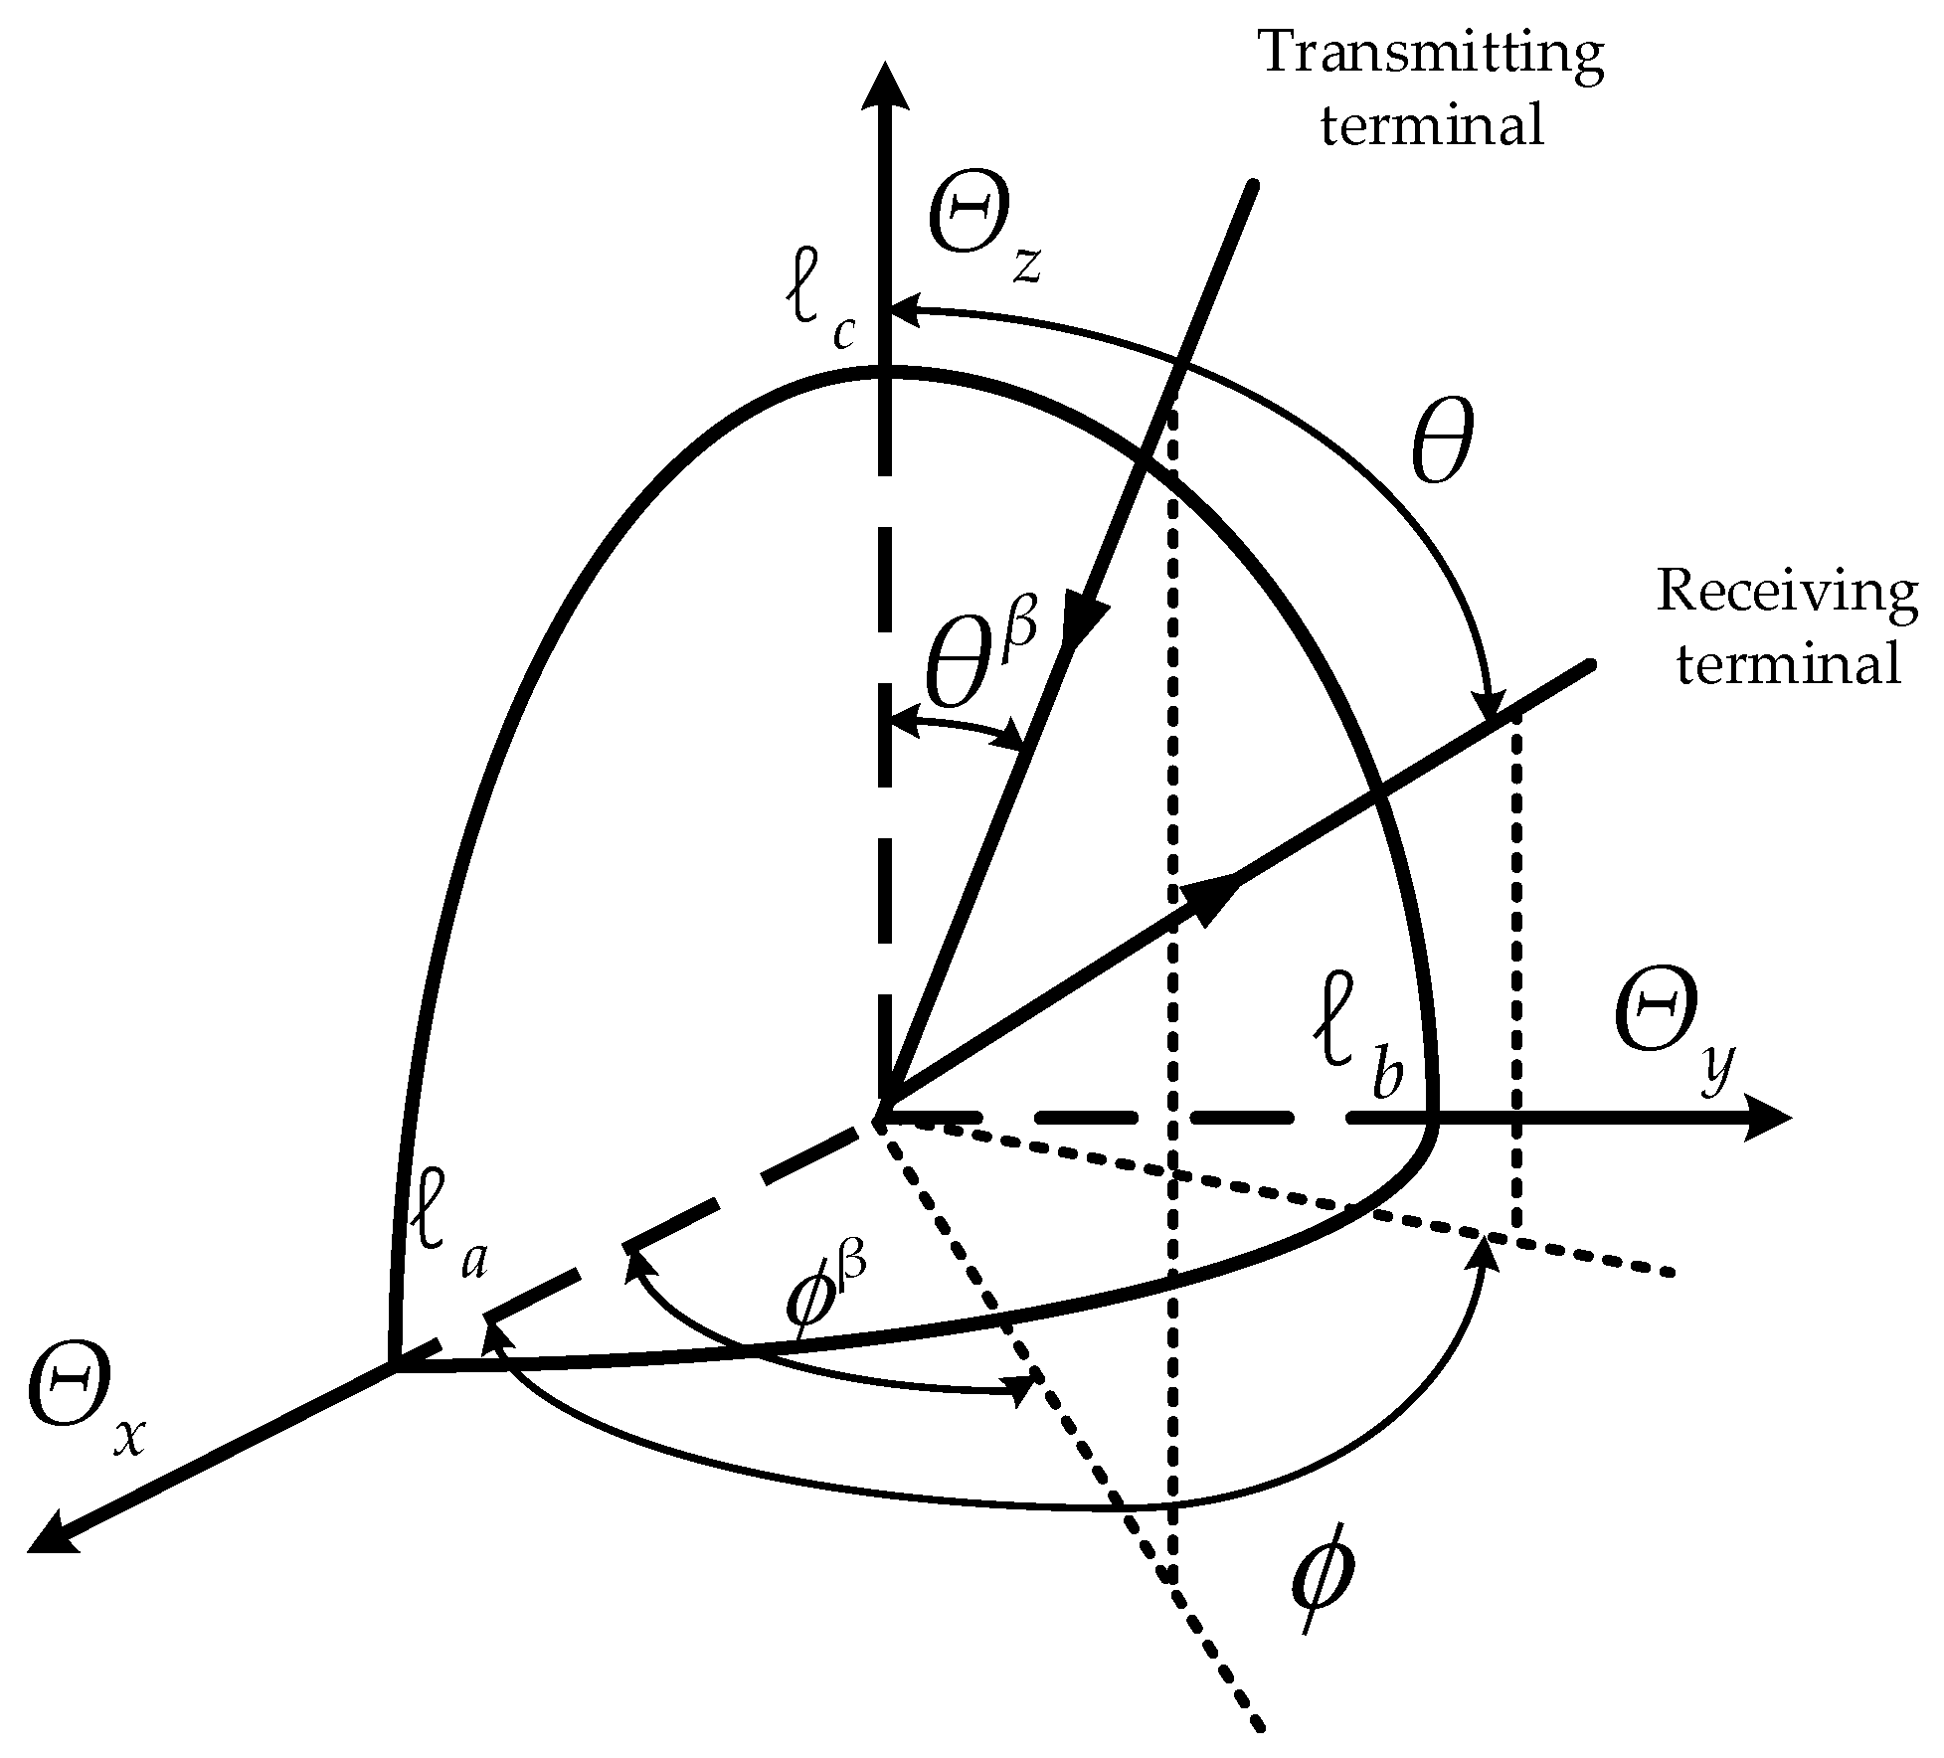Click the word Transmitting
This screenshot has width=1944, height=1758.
tap(1432, 55)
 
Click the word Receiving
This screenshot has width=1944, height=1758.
tap(1787, 594)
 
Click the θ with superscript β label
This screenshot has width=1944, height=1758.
tap(979, 656)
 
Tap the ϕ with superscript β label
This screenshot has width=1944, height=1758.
tap(824, 1294)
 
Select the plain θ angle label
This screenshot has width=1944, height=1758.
tap(1441, 447)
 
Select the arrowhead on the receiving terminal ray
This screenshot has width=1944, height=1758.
tap(1212, 896)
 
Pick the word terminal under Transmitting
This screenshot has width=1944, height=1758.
tap(1432, 127)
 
